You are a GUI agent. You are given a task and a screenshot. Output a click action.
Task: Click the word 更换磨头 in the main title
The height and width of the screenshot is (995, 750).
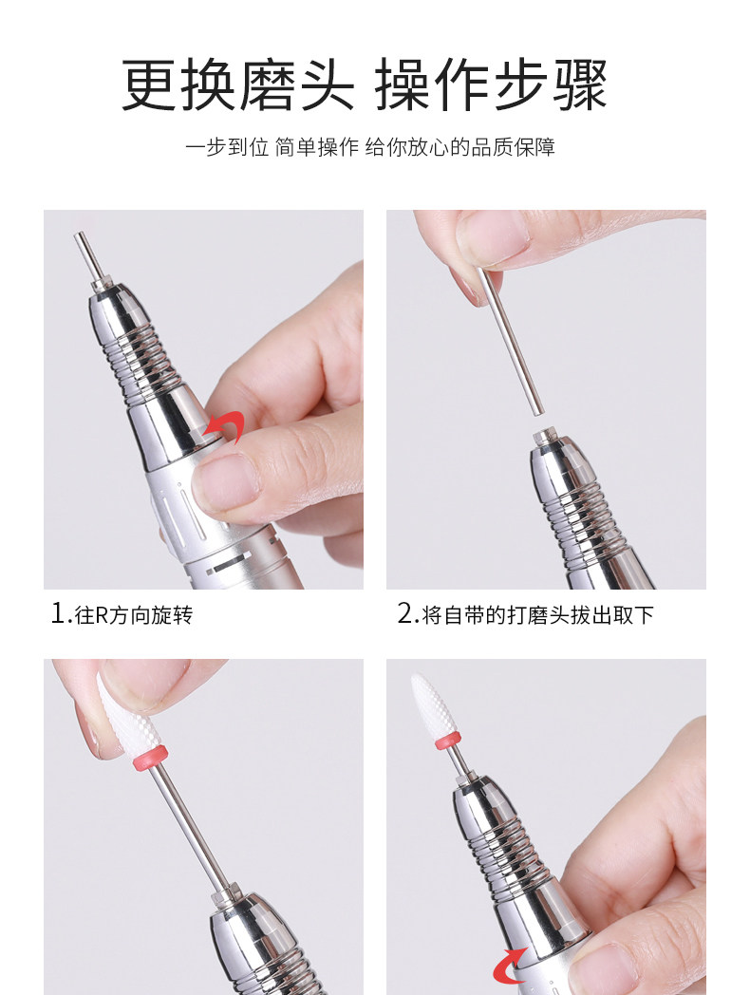click(x=238, y=84)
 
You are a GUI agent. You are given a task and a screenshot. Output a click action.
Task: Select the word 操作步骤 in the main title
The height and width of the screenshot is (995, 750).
click(x=492, y=84)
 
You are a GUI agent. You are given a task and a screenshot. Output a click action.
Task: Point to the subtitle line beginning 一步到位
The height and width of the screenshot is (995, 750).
click(x=370, y=147)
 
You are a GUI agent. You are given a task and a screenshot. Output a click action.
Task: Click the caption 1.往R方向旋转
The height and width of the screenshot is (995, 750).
click(x=122, y=614)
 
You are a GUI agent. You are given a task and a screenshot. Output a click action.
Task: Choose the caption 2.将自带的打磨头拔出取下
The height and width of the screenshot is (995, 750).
click(x=526, y=614)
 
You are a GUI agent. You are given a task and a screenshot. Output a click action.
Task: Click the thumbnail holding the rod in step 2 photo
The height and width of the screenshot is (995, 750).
click(x=494, y=236)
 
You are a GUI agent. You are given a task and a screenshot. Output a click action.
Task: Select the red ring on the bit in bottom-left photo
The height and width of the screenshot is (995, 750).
click(x=150, y=759)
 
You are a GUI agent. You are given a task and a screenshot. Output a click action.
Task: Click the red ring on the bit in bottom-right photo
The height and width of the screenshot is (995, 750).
click(x=448, y=741)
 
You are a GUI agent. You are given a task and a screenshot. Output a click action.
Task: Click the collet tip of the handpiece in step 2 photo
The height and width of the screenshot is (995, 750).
click(x=544, y=438)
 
